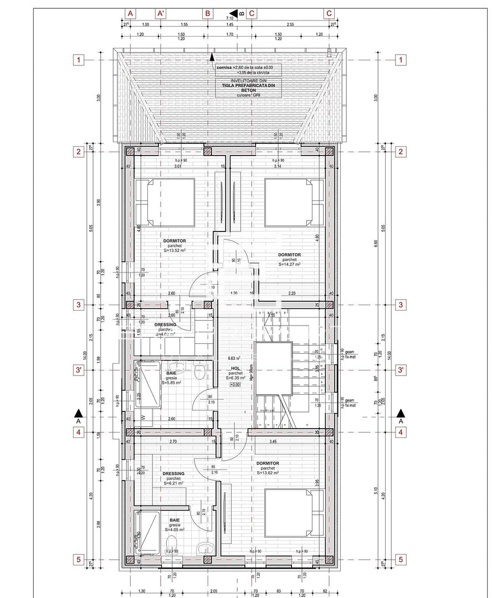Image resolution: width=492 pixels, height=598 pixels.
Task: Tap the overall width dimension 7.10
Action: [229, 18]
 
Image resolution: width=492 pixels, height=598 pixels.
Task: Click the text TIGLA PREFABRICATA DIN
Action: [249, 85]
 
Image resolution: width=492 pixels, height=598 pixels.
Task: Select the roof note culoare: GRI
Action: [249, 95]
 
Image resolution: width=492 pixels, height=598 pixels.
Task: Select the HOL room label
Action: [235, 368]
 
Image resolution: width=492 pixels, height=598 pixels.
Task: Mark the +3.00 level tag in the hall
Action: [236, 384]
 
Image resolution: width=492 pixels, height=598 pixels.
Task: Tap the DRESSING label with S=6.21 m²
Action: [173, 473]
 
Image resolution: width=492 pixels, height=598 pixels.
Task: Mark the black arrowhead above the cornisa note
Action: [211, 55]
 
